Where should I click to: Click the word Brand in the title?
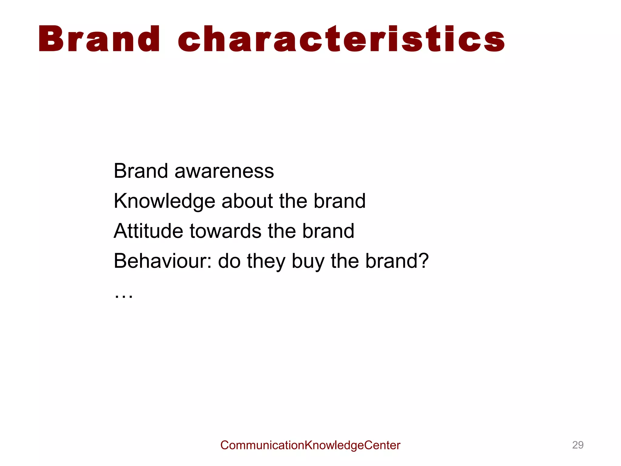(x=99, y=39)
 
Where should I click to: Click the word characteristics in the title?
(x=341, y=39)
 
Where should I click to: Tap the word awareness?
(x=224, y=171)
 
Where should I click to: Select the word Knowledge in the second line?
(x=164, y=201)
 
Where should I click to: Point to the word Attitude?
(x=148, y=231)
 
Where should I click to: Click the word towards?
(x=225, y=231)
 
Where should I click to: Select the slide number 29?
(x=578, y=445)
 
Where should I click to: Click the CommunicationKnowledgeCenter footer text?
(x=310, y=445)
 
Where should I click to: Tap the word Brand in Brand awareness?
(x=141, y=171)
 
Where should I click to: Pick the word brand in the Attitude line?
(x=328, y=231)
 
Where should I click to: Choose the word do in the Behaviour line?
(x=229, y=261)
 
